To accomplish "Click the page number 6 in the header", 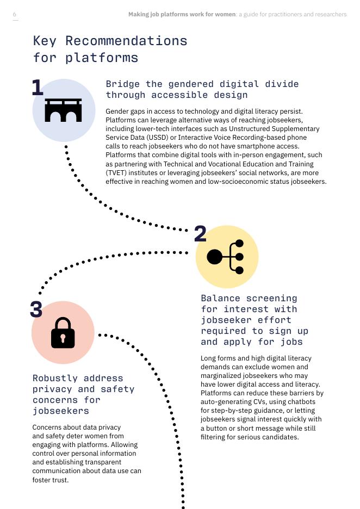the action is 14,14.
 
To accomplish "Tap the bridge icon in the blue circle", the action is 63,110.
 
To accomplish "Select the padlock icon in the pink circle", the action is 63,333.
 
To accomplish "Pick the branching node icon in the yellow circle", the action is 225,257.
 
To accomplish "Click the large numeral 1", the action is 38,88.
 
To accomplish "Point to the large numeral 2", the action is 200,234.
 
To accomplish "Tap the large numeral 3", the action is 36,309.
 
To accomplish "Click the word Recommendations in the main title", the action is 126,41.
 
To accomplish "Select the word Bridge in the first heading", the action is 123,84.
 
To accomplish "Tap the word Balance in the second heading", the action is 220,299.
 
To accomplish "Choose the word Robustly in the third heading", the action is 55,378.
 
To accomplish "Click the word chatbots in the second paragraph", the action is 302,401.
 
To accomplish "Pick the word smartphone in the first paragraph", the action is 253,146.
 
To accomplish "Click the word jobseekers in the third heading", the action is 61,411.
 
